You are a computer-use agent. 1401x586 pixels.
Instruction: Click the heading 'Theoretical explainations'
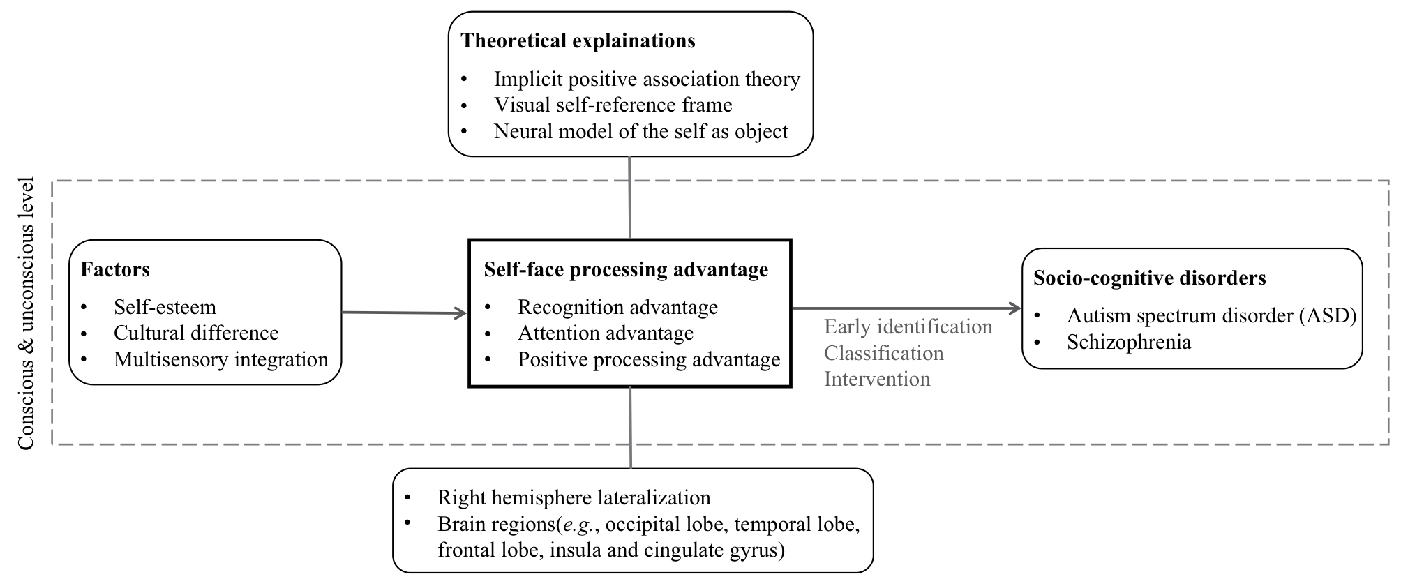point(578,41)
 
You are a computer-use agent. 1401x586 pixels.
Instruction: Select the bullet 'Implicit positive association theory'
point(647,80)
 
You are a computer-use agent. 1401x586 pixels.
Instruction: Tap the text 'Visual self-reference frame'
point(613,105)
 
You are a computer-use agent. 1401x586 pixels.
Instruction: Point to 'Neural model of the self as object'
point(641,131)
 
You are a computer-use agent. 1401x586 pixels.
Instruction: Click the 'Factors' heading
point(115,270)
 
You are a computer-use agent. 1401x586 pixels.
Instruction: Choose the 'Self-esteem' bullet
point(165,307)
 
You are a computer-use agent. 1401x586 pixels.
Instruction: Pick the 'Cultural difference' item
point(196,333)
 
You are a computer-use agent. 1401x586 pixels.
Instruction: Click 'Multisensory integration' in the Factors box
point(221,359)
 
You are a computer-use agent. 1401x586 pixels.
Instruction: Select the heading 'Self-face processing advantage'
point(626,270)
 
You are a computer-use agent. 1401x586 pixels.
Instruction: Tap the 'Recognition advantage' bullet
point(617,307)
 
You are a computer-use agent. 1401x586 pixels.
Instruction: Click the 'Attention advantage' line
point(606,333)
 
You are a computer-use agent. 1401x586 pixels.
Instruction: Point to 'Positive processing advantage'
point(649,360)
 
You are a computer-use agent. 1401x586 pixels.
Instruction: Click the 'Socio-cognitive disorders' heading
point(1150,278)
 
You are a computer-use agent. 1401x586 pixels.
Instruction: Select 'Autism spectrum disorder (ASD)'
point(1212,316)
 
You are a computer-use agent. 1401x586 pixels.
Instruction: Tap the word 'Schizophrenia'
point(1129,342)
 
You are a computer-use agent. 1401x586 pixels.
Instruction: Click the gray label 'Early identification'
point(908,326)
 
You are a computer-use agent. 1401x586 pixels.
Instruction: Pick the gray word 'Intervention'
point(877,379)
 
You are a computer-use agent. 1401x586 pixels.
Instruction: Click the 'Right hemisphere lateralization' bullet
point(574,497)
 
